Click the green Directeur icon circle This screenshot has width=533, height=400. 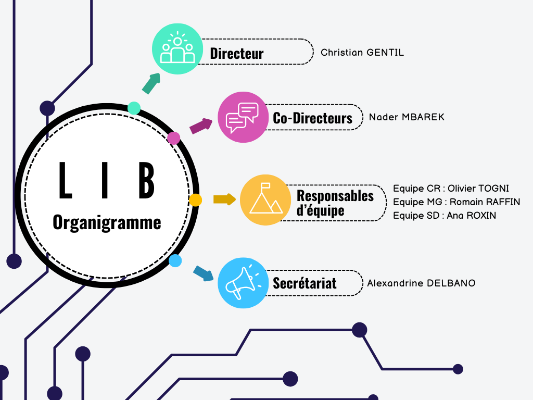tap(177, 49)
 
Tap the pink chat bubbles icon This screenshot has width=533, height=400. tap(242, 117)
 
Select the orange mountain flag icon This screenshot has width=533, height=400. tap(265, 200)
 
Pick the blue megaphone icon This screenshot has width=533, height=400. tap(242, 283)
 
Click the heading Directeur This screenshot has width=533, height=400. tap(237, 53)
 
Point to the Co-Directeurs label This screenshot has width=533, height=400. tap(312, 118)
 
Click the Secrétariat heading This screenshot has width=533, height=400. tap(304, 283)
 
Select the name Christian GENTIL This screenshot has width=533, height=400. tap(362, 53)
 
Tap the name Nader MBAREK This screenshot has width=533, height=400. tap(407, 117)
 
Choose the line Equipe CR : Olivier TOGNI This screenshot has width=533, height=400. tap(451, 189)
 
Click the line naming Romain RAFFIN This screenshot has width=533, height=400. tap(456, 202)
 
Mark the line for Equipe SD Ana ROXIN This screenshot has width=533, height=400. tap(445, 216)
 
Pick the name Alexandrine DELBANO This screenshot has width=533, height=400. tap(421, 283)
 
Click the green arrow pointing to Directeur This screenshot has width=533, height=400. tap(151, 83)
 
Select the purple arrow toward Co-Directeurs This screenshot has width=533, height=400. tap(201, 126)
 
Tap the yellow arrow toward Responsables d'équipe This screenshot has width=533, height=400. tap(224, 199)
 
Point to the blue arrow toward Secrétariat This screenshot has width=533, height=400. tap(204, 273)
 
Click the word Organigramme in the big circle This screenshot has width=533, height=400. tap(107, 223)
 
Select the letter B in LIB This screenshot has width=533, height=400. tap(146, 181)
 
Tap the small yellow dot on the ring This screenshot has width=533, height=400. tap(195, 199)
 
